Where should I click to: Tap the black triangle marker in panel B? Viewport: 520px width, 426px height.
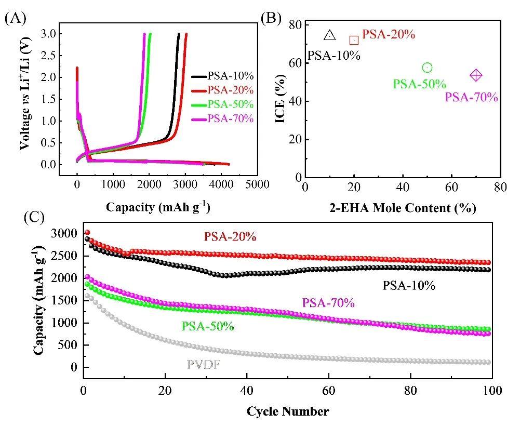point(330,36)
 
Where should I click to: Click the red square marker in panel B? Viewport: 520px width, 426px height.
point(354,40)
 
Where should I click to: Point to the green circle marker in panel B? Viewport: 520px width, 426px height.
point(427,68)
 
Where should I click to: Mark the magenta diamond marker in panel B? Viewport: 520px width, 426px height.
point(476,75)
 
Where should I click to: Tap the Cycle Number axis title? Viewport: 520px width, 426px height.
point(287,412)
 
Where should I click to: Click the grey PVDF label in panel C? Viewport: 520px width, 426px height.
point(203,364)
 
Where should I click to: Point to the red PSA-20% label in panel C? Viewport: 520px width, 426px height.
point(230,236)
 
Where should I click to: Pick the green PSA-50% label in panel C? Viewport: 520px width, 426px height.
point(207,327)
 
